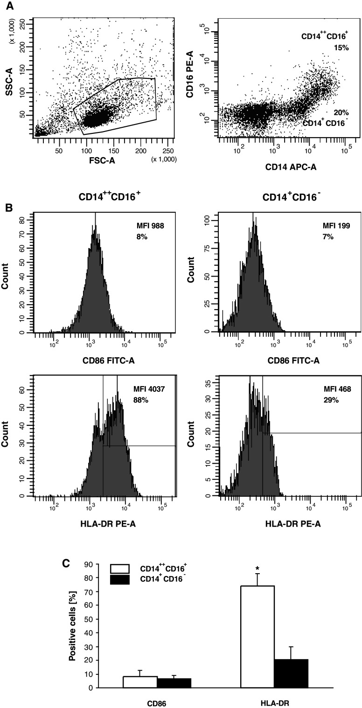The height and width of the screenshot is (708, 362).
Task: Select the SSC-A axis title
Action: [x=8, y=71]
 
